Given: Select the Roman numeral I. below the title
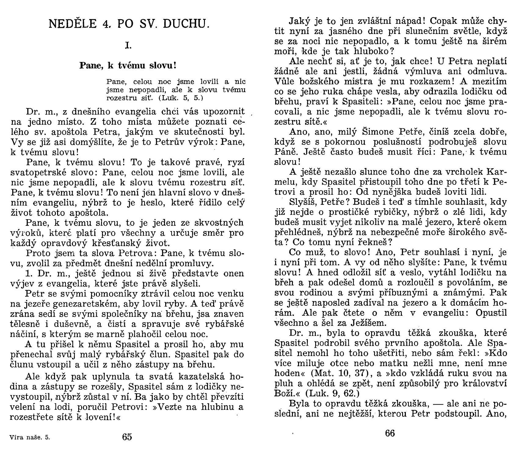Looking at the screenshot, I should click(x=128, y=45).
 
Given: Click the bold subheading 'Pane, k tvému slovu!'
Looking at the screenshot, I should click(x=128, y=65).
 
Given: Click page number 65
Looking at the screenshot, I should click(x=127, y=437).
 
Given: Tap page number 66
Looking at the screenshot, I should click(x=390, y=433).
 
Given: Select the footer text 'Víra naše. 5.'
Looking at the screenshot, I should click(x=30, y=437).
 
